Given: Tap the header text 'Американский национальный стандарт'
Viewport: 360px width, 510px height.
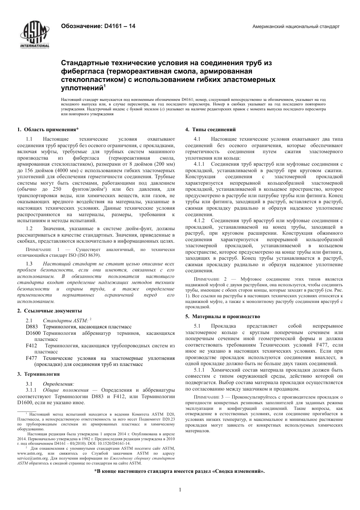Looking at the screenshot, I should tap(296, 27).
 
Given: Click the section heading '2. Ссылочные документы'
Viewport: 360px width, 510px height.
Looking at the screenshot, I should tap(49, 311).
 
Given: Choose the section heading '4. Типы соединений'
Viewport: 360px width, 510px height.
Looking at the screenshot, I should tap(210, 129).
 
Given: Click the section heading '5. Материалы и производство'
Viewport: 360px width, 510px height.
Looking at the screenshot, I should tap(222, 316).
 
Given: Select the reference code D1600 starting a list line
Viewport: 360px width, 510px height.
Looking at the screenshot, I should tap(33, 333).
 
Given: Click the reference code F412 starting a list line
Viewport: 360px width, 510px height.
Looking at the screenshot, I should tap(31, 345).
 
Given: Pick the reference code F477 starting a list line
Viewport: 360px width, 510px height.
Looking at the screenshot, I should tap(31, 358).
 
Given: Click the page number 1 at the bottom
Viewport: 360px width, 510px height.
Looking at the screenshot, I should tap(180, 490).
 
